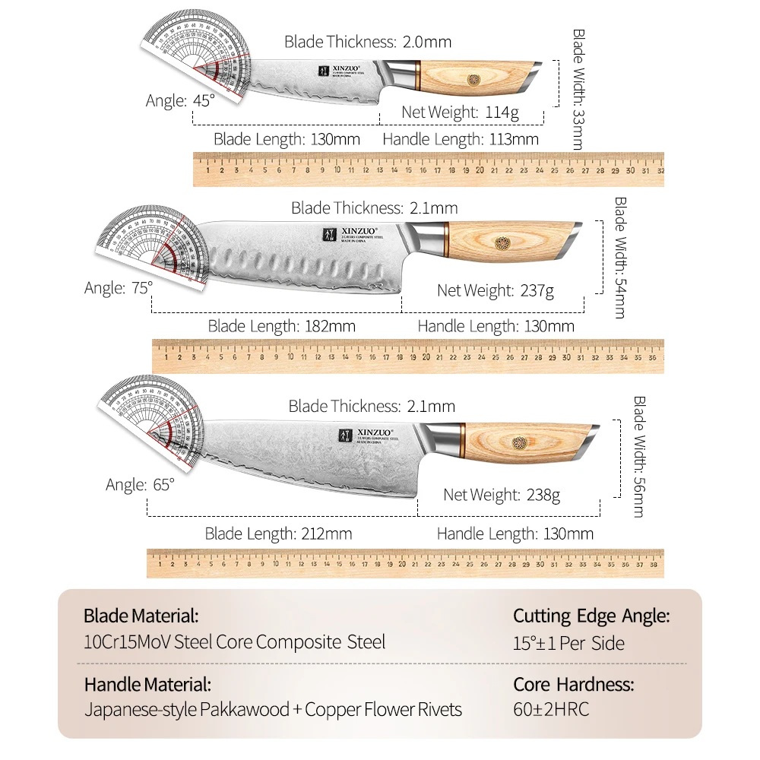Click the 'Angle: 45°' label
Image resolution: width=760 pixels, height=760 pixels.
[180, 100]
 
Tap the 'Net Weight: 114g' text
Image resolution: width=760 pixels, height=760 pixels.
[460, 112]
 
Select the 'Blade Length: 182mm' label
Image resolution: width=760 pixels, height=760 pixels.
[281, 326]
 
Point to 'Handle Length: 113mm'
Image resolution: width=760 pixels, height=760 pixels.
[460, 139]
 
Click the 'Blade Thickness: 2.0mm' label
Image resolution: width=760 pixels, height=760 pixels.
[368, 42]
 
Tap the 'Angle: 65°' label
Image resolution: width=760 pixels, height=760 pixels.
[140, 484]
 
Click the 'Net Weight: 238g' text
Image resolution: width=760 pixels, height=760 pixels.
[502, 495]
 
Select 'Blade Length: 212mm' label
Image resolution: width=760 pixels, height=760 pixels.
[278, 534]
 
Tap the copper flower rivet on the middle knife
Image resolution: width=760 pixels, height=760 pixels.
[503, 242]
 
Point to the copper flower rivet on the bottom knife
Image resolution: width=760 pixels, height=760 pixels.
[519, 443]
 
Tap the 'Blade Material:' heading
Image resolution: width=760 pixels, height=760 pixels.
[141, 615]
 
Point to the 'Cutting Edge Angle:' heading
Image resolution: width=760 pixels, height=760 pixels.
[591, 616]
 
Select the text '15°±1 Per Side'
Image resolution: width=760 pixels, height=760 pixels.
[568, 643]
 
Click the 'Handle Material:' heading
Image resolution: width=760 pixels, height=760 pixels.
[147, 683]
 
